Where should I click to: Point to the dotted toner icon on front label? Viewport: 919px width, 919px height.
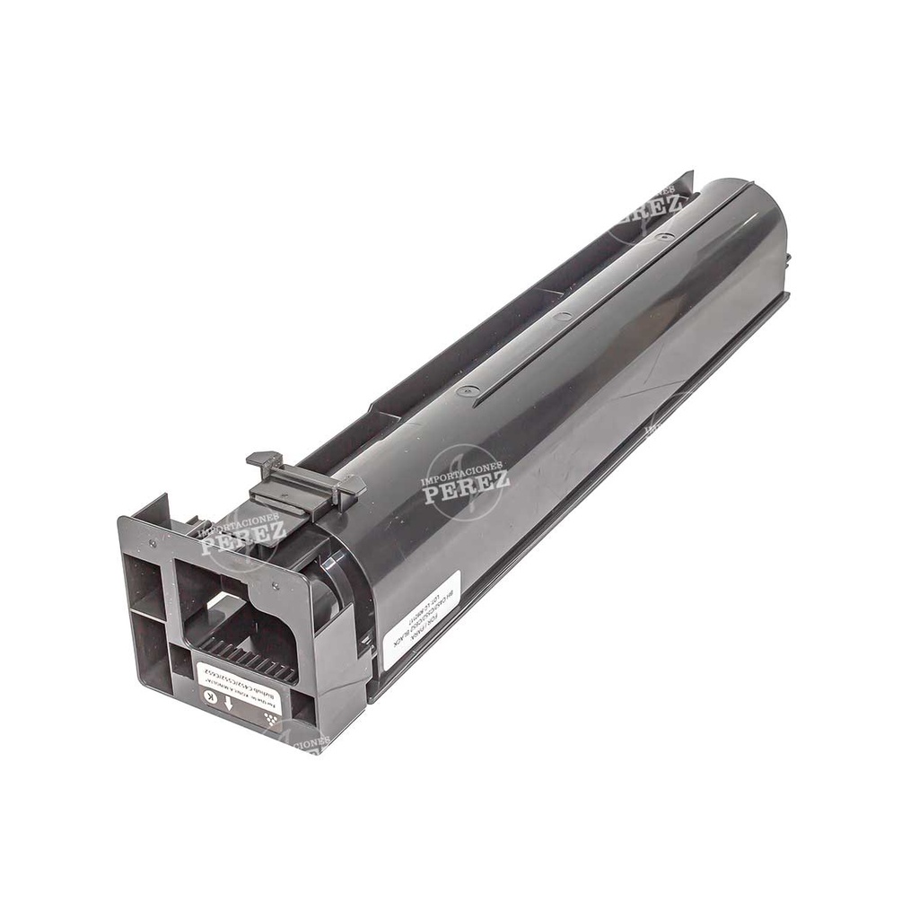[x=267, y=719]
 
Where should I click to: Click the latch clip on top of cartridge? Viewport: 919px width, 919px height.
[x=305, y=484]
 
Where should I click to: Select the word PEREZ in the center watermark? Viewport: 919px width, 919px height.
[x=466, y=491]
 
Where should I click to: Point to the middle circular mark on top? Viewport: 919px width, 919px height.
[x=563, y=316]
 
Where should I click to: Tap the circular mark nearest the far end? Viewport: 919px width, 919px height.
[x=665, y=237]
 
